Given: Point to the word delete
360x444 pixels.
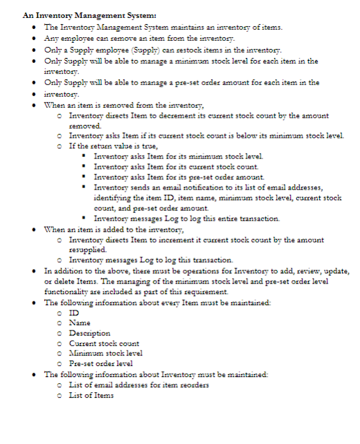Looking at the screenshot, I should tap(62, 282).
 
